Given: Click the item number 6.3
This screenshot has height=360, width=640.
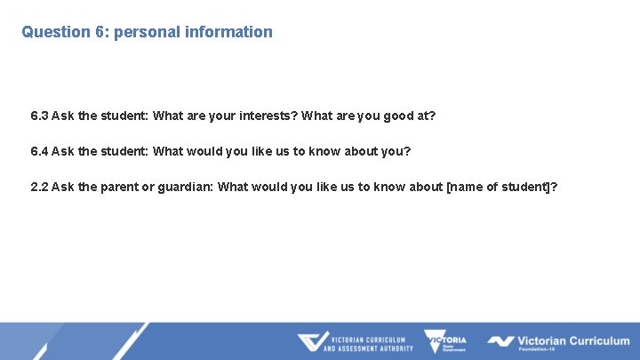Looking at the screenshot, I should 39,116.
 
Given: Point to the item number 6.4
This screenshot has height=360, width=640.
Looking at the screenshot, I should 39,151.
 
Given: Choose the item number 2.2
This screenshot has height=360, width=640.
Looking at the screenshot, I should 39,187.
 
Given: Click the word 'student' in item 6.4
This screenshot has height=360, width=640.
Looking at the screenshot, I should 124,151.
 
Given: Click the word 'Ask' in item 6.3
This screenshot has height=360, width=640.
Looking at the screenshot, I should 63,116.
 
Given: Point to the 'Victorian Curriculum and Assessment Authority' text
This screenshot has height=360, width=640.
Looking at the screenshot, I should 368,343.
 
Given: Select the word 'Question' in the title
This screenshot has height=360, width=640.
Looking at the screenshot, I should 56,32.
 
